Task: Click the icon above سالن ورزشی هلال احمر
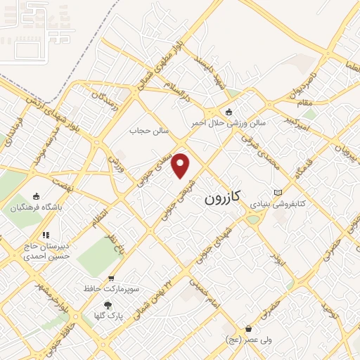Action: pyautogui.click(x=229, y=112)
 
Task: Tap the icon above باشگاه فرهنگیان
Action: pyautogui.click(x=37, y=198)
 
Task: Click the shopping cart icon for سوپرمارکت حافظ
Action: pyautogui.click(x=110, y=278)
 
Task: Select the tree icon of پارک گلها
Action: pyautogui.click(x=107, y=305)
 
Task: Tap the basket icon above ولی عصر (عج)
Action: pyautogui.click(x=248, y=329)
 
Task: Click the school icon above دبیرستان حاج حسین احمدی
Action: pyautogui.click(x=46, y=235)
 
